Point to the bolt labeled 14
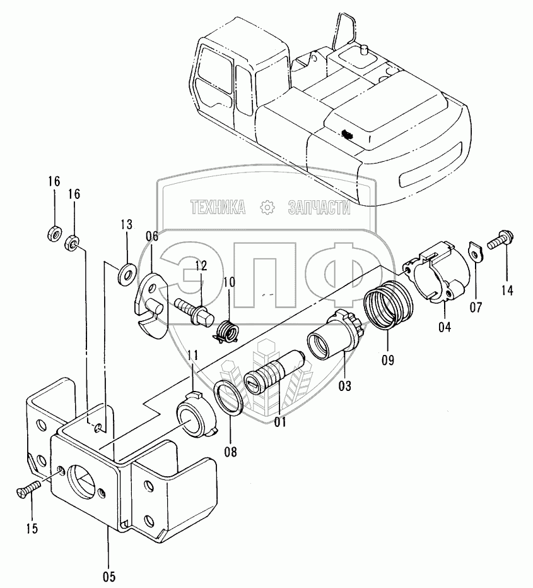(498, 239)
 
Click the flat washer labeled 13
(126, 272)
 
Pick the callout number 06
(151, 237)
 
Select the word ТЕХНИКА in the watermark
(217, 207)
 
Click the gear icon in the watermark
(266, 207)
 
